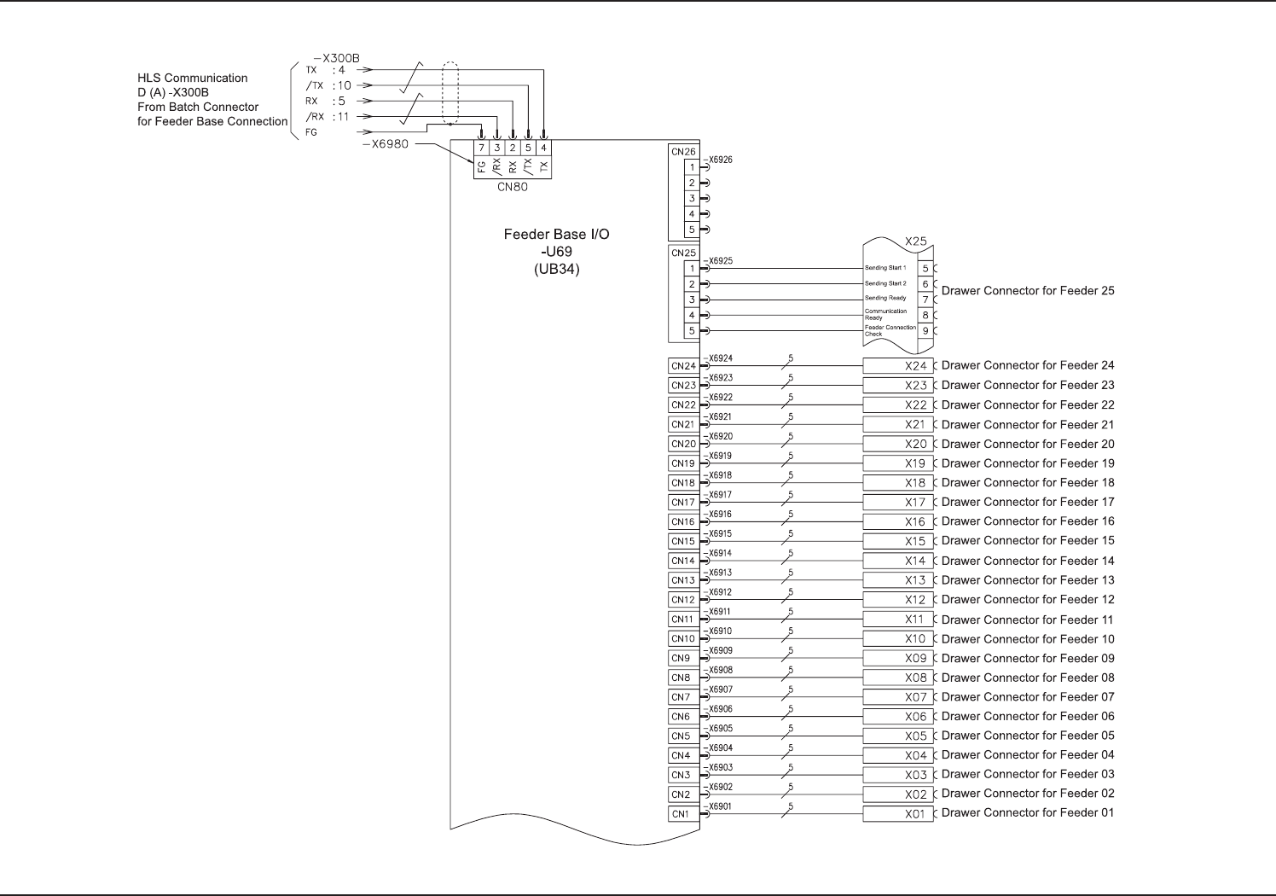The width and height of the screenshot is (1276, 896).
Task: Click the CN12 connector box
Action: [683, 600]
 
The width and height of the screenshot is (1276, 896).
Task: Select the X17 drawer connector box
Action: [897, 503]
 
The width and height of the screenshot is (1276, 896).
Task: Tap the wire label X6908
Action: [721, 671]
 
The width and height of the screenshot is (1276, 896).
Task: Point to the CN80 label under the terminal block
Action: [512, 188]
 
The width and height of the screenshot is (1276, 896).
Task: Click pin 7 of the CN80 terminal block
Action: [481, 148]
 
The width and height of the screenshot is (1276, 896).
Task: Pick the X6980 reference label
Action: [385, 143]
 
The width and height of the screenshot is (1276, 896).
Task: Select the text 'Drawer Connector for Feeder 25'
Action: [1028, 291]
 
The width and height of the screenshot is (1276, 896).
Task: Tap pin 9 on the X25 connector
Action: [925, 331]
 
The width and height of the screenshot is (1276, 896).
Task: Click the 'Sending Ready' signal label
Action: [885, 299]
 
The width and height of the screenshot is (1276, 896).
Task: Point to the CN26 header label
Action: [683, 152]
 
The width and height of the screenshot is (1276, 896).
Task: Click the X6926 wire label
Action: [721, 160]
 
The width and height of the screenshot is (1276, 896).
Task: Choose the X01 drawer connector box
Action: [897, 814]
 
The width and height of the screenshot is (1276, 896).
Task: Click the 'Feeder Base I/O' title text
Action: [556, 234]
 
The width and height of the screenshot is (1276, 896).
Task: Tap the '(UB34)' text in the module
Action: [556, 270]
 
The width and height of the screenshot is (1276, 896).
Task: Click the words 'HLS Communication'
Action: [193, 78]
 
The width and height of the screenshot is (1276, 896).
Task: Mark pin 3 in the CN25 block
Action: [693, 300]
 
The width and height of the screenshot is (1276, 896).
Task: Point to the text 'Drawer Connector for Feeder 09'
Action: [1028, 659]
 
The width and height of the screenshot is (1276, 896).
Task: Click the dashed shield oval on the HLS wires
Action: [450, 94]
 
